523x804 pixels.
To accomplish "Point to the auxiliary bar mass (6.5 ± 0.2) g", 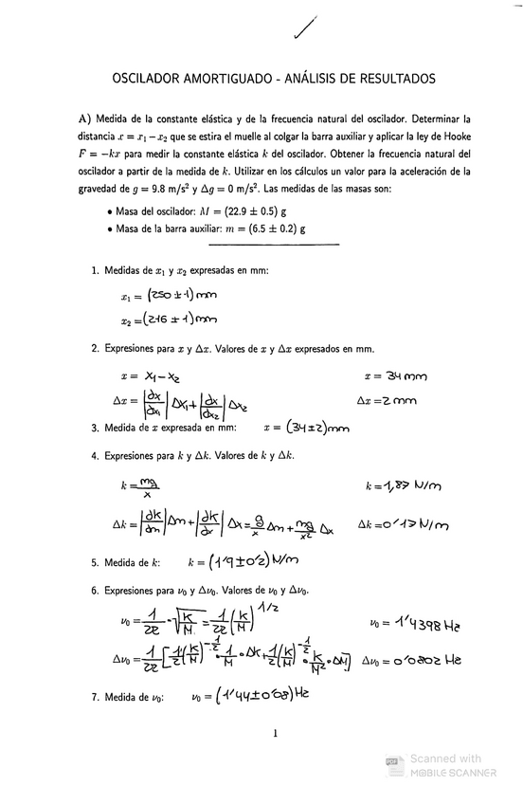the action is pyautogui.click(x=280, y=228).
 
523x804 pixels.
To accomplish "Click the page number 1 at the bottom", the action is pyautogui.click(x=273, y=732).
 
